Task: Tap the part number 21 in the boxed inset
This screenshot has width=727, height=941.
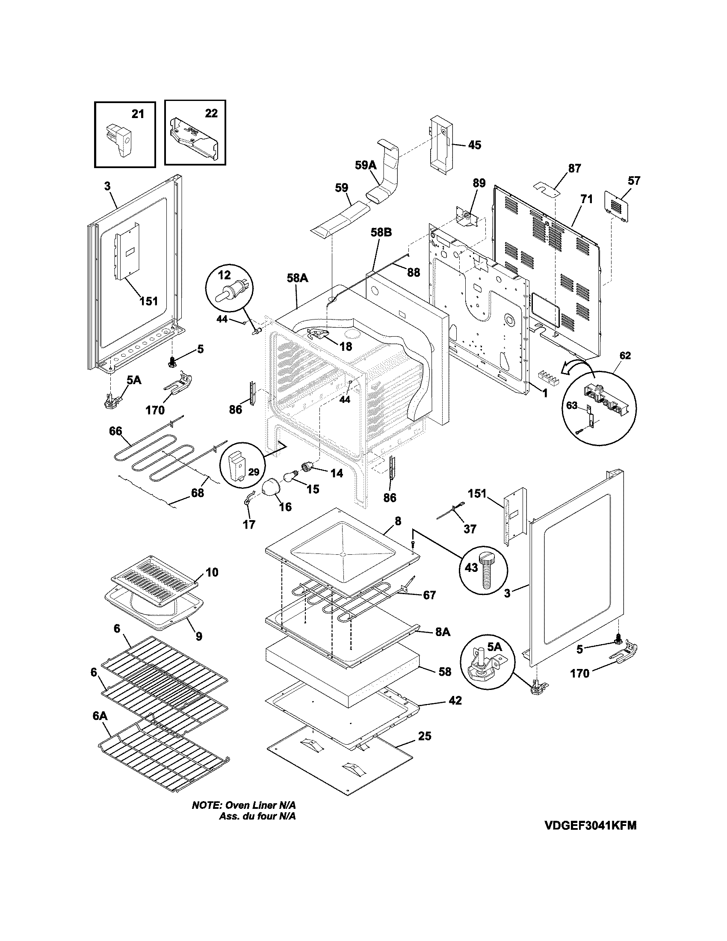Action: (137, 114)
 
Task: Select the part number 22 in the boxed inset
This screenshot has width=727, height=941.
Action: (211, 113)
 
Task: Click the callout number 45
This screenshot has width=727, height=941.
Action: (474, 145)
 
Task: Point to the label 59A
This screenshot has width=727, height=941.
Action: (366, 165)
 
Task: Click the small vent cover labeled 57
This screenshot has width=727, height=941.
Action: (617, 208)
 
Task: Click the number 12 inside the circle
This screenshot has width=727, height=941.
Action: (224, 275)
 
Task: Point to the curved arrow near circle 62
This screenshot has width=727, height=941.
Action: (577, 367)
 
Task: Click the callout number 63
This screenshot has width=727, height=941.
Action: (571, 405)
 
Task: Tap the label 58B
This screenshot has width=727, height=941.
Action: (381, 233)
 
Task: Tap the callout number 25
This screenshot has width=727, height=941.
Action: (424, 736)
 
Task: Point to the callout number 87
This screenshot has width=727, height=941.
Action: (574, 169)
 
